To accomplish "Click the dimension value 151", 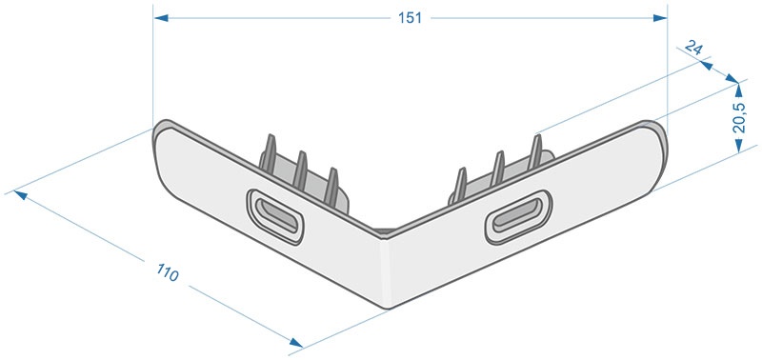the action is pos(410,18).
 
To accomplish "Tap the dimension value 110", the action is pos(168,272).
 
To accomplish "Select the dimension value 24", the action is pos(693,49).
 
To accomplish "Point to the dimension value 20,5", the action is pos(739,117).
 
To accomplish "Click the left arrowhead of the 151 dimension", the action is pos(161,18).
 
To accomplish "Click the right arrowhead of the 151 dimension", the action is pos(660,18).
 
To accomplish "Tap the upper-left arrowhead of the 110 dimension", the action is pos(20,195).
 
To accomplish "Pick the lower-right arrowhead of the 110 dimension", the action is pos(296,343).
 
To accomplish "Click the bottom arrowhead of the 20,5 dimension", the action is pos(739,146).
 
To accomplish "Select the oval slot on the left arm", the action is pos(275,217).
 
